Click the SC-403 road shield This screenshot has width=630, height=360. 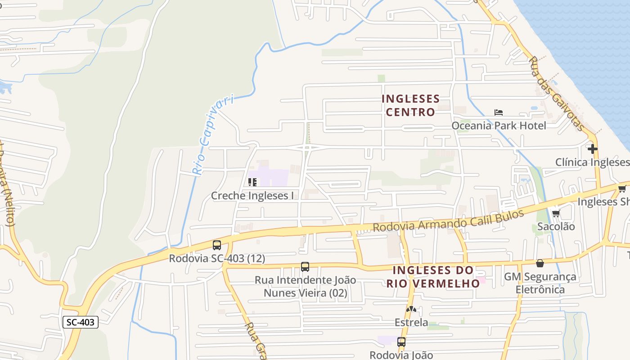pyautogui.click(x=80, y=322)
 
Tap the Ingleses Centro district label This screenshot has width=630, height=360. pyautogui.click(x=410, y=105)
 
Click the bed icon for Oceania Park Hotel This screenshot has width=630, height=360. pyautogui.click(x=499, y=112)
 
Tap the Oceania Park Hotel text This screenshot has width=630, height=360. pyautogui.click(x=499, y=126)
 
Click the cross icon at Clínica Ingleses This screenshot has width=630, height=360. pyautogui.click(x=592, y=149)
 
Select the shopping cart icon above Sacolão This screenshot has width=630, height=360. pyautogui.click(x=556, y=214)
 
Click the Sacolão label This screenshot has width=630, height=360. pyautogui.click(x=556, y=226)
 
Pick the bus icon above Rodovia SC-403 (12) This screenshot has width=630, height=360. pyautogui.click(x=217, y=245)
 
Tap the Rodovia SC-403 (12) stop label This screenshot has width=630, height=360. pyautogui.click(x=217, y=259)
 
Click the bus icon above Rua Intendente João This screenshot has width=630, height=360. pyautogui.click(x=305, y=267)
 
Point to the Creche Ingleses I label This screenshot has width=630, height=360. pyautogui.click(x=252, y=196)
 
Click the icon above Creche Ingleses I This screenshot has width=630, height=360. pyautogui.click(x=252, y=182)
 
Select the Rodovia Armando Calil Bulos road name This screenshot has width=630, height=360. pyautogui.click(x=449, y=220)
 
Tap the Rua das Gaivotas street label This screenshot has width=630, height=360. pyautogui.click(x=557, y=94)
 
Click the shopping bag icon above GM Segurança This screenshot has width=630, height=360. pyautogui.click(x=540, y=263)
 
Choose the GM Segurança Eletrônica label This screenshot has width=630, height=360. pyautogui.click(x=540, y=283)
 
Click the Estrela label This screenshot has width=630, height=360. pyautogui.click(x=411, y=323)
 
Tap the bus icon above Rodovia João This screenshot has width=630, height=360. pyautogui.click(x=401, y=342)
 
